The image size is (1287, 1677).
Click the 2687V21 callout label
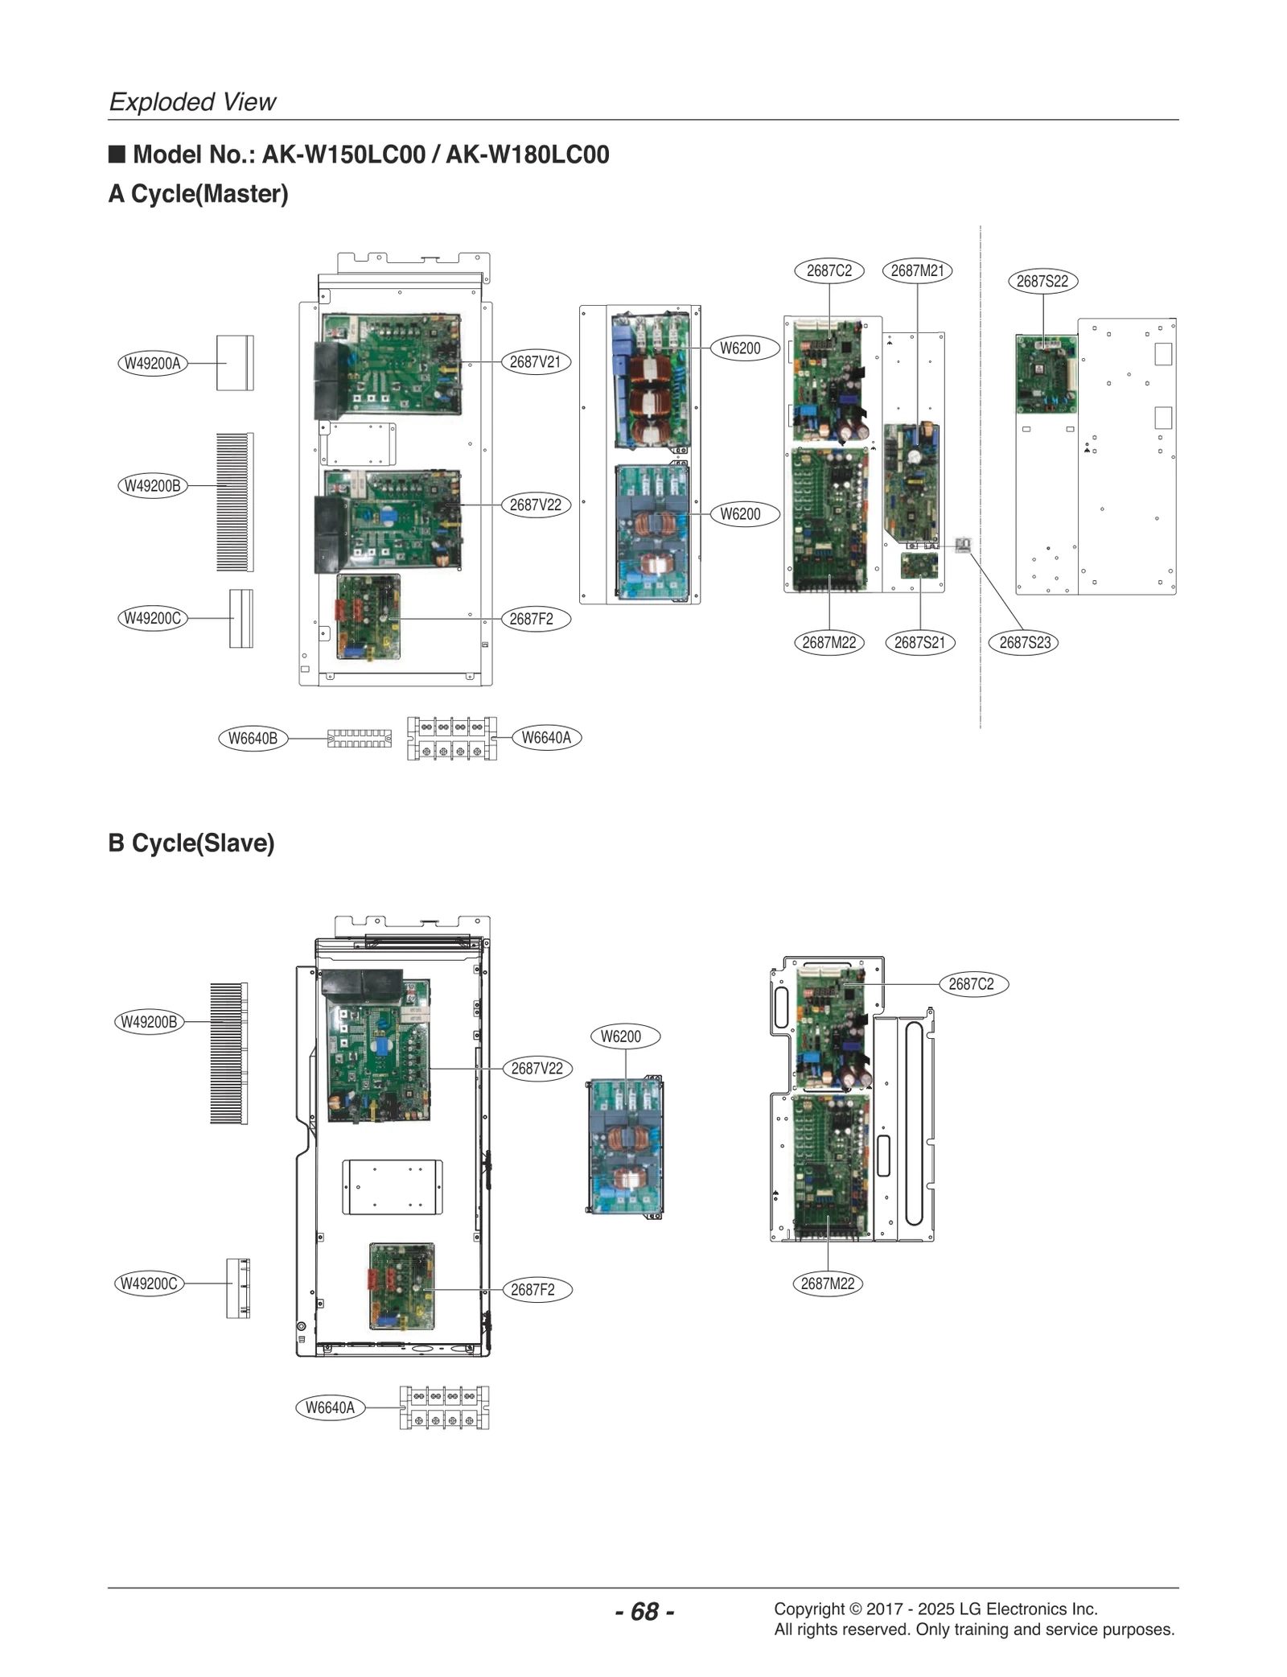point(535,362)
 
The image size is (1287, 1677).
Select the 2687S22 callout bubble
point(1042,281)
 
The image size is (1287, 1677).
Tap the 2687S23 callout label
point(1024,642)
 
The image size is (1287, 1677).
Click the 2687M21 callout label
point(917,270)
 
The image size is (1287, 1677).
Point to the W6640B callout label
point(253,738)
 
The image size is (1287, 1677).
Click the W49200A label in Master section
point(152,363)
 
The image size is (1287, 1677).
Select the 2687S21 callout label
point(919,642)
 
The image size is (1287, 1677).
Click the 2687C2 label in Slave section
point(971,983)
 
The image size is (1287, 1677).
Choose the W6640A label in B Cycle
point(330,1407)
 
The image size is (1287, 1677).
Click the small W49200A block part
point(234,363)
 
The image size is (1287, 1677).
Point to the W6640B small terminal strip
point(359,738)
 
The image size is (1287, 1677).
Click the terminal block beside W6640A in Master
point(451,738)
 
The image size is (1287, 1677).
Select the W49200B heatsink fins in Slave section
point(228,1053)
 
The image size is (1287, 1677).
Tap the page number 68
point(644,1611)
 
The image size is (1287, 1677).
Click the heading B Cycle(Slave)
point(191,843)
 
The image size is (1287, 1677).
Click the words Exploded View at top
point(192,101)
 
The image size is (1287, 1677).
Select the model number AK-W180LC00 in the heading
point(527,154)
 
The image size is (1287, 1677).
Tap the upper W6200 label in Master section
point(739,348)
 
